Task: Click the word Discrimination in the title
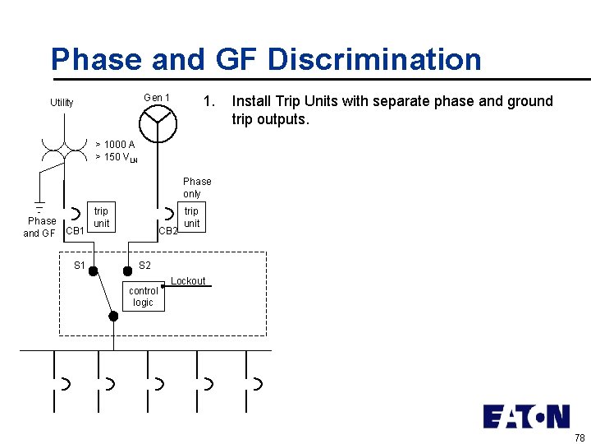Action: point(374,60)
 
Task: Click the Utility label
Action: point(62,103)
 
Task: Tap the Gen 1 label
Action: point(156,99)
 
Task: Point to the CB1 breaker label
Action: point(75,231)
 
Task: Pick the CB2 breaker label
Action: point(167,231)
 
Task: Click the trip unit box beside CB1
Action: point(101,218)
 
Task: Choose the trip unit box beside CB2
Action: point(191,218)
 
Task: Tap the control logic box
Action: point(144,297)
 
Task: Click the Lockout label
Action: point(188,281)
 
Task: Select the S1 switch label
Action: point(80,266)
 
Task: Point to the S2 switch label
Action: point(144,266)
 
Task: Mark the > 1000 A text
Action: point(115,145)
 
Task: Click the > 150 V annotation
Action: point(116,157)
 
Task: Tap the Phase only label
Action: point(197,187)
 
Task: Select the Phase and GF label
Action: point(40,227)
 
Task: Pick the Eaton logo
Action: point(526,417)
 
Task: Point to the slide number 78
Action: point(580,437)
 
